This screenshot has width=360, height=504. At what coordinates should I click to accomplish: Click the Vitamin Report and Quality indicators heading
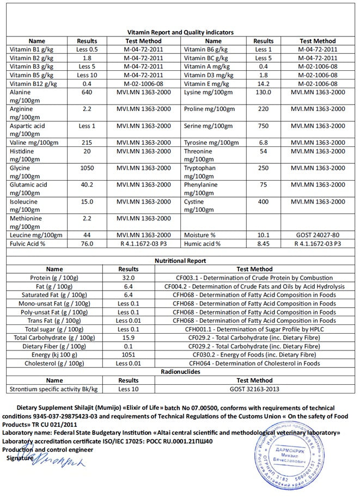tap(180, 32)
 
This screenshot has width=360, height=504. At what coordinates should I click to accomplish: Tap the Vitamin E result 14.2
tap(264, 84)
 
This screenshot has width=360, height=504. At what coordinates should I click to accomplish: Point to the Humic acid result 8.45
tap(264, 244)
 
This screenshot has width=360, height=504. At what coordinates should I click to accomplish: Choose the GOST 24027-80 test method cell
tap(318, 235)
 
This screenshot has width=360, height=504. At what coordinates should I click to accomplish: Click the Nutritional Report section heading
tap(180, 261)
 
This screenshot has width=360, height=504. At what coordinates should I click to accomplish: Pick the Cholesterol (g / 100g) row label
tap(54, 364)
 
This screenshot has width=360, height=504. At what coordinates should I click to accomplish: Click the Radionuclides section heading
tap(180, 372)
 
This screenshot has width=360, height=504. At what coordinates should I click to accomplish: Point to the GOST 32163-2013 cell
tap(254, 389)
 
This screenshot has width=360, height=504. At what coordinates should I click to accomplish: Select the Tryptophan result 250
tap(264, 168)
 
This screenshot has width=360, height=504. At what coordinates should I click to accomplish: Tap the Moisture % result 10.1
tap(264, 235)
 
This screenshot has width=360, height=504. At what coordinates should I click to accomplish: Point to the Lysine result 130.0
tap(264, 92)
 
